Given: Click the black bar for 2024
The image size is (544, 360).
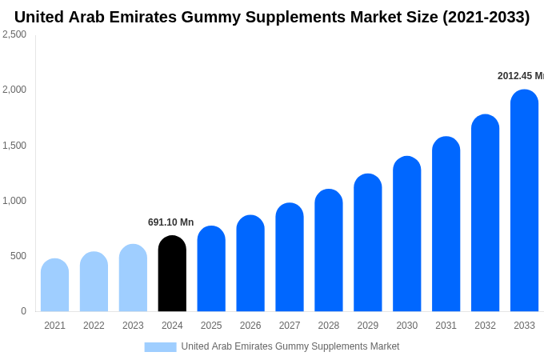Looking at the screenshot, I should (x=172, y=274).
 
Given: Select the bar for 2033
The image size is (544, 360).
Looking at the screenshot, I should (x=524, y=201).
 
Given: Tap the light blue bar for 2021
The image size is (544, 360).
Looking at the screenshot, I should (x=54, y=286).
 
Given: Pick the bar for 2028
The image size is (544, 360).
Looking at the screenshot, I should (x=329, y=250).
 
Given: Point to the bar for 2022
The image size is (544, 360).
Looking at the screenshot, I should (x=94, y=282).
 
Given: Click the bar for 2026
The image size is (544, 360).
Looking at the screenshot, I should (x=250, y=263).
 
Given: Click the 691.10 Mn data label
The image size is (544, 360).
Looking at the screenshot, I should (x=170, y=222).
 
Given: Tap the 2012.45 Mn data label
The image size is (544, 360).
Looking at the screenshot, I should (x=520, y=76).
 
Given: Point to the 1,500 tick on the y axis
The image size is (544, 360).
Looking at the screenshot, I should (x=14, y=146).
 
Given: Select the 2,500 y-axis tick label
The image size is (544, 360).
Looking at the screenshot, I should (x=14, y=34).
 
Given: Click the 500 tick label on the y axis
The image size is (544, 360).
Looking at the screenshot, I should (x=18, y=256).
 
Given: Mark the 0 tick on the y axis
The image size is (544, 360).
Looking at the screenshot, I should (x=23, y=311).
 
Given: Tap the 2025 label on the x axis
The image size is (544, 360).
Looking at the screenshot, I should (x=211, y=326).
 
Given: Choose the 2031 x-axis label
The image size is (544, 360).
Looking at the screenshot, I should (x=446, y=326).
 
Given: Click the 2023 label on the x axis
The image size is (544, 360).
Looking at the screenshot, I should (x=133, y=326).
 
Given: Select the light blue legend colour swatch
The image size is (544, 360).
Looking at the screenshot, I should (x=160, y=347).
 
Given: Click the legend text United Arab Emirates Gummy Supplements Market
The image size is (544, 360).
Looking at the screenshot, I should (x=290, y=346).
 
